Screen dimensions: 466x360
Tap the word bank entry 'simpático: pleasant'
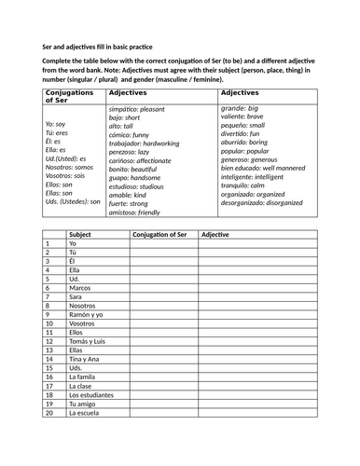[x=139, y=110]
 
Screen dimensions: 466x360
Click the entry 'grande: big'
[x=243, y=109]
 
